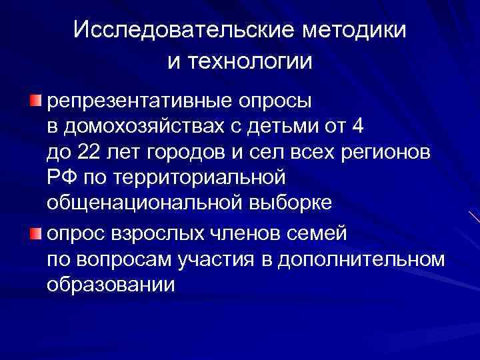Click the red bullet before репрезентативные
pyautogui.click(x=35, y=100)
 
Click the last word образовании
pyautogui.click(x=111, y=285)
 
